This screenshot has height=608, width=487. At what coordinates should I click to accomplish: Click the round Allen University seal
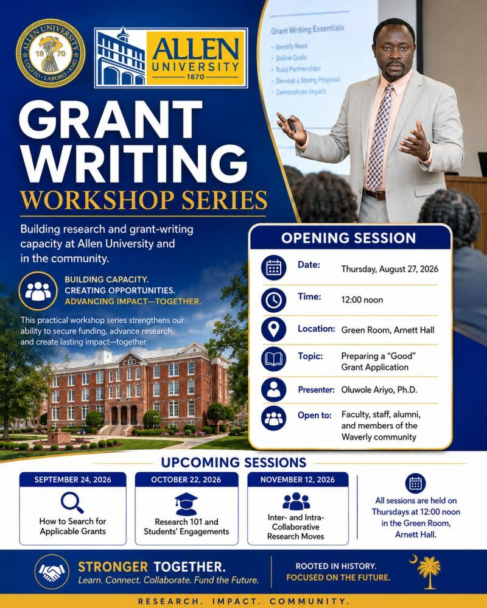pos(51,53)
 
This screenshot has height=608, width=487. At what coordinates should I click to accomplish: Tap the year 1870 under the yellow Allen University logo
pos(195,77)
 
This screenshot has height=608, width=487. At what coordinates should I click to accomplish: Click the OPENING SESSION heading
pos(348,238)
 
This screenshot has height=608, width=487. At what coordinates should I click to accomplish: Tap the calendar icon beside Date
pos(274,268)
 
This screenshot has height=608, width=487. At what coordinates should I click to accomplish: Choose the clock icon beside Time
pos(274,300)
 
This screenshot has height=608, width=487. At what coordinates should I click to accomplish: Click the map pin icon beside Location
pos(274,329)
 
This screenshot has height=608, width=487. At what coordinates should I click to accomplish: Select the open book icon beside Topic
pos(274,359)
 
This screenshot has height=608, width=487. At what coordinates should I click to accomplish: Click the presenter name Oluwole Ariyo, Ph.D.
pos(379,390)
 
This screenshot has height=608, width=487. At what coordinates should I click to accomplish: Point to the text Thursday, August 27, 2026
pos(390,269)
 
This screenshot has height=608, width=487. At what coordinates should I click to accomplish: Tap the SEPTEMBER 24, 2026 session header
pos(73,480)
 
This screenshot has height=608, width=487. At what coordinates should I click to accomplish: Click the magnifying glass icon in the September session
pos(72,503)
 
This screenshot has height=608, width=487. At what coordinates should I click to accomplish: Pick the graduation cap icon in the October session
pos(186,504)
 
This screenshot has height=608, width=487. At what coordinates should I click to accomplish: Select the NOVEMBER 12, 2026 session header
pos(298,480)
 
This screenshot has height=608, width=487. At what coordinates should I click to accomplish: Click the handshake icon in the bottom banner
pos(52,571)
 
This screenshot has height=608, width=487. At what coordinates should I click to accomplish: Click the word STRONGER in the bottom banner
pos(113,567)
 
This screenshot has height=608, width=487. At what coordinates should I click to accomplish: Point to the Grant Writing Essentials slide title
pos(307,29)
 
